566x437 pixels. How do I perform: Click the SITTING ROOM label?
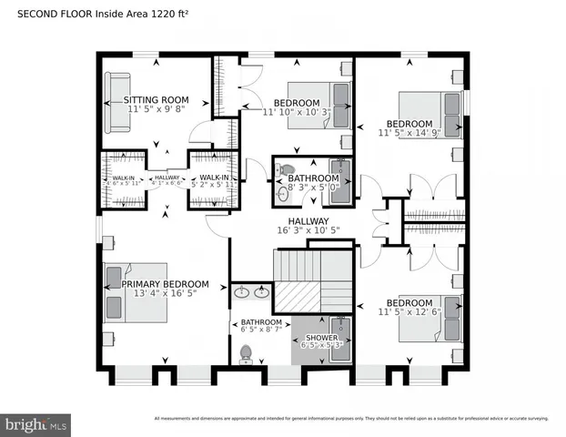[157, 100]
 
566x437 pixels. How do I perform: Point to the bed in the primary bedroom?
[136, 295]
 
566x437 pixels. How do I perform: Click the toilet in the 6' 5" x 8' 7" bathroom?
[245, 353]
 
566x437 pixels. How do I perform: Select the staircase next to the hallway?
[309, 282]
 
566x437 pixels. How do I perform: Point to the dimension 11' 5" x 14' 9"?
[409, 133]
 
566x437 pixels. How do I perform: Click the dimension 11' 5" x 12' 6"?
[409, 312]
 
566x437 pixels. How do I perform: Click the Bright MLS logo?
[36, 424]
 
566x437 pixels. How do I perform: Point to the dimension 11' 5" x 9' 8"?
[157, 109]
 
